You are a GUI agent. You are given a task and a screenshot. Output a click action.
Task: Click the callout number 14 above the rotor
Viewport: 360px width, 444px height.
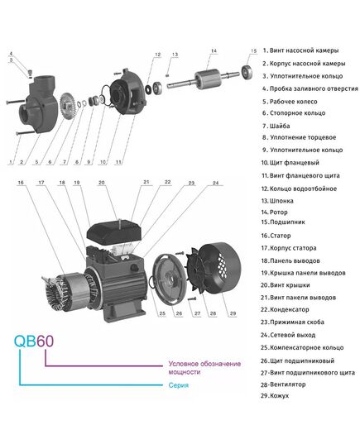[x=213, y=52]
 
